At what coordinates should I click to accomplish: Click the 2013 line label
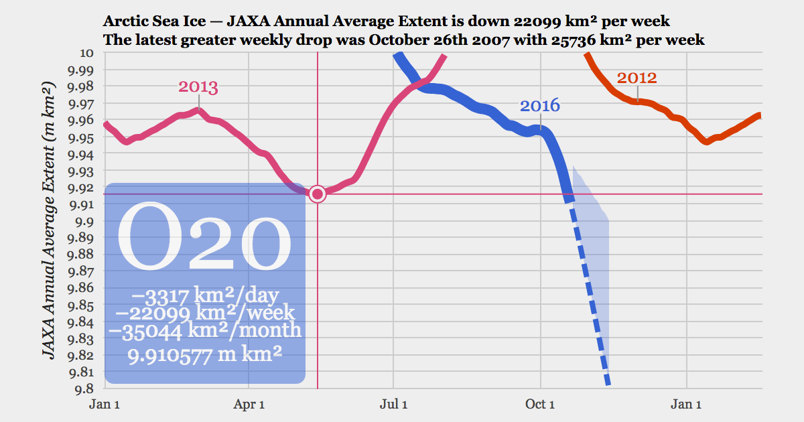tap(198, 87)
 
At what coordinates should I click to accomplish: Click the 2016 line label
tap(539, 106)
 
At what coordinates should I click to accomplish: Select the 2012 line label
tap(636, 78)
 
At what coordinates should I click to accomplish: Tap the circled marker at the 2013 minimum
tap(318, 194)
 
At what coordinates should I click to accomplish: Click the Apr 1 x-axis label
tap(249, 404)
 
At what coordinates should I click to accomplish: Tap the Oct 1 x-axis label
tap(540, 404)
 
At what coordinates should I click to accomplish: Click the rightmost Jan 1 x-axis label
tap(687, 404)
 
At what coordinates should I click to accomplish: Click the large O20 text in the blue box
tap(204, 238)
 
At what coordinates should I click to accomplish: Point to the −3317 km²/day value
tap(205, 294)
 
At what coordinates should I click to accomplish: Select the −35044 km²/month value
tap(205, 330)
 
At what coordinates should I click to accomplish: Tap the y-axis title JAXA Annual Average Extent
tap(51, 221)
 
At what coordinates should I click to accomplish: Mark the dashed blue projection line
tap(590, 295)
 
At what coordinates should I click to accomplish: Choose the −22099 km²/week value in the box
tap(205, 311)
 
